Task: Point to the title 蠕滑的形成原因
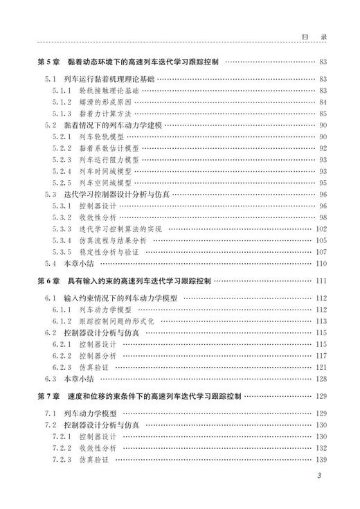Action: point(106,102)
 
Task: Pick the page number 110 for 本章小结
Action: point(321,264)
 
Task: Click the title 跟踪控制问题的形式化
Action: point(119,321)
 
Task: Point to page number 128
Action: point(321,379)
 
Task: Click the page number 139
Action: point(321,460)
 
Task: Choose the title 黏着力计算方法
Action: point(106,114)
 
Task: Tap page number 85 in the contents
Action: point(323,114)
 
